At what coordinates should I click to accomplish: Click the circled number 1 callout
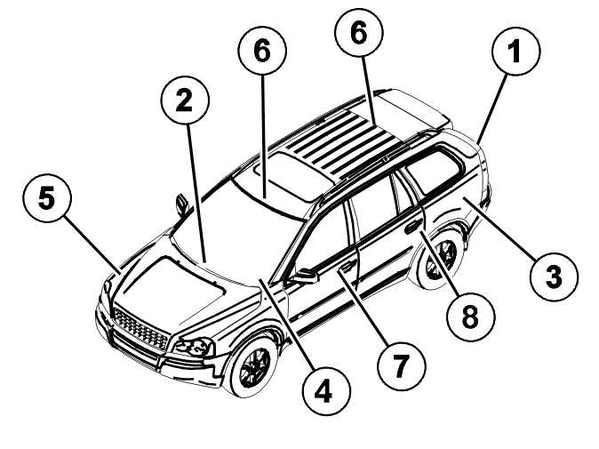click(x=515, y=52)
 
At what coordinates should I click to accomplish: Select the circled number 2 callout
click(x=185, y=100)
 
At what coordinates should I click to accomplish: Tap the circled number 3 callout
click(x=554, y=277)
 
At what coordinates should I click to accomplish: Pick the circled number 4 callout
click(x=326, y=392)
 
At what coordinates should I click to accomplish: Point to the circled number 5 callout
click(x=47, y=197)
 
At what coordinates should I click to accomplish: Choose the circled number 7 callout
click(x=401, y=365)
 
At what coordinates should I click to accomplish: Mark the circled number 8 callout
click(x=471, y=317)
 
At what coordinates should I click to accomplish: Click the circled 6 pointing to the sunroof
click(x=262, y=51)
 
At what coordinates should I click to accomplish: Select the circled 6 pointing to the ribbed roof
click(x=359, y=33)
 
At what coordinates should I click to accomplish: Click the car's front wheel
click(x=252, y=365)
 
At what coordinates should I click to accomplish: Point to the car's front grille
click(x=140, y=330)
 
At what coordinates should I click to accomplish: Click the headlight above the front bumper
click(x=194, y=348)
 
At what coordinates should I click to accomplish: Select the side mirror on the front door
click(x=305, y=276)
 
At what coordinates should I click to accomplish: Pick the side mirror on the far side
click(x=182, y=204)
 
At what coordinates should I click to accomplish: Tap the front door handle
click(x=347, y=266)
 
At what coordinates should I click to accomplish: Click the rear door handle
click(x=413, y=227)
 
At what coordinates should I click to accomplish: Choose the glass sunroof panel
click(x=292, y=175)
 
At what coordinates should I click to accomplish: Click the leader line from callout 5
click(x=92, y=244)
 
